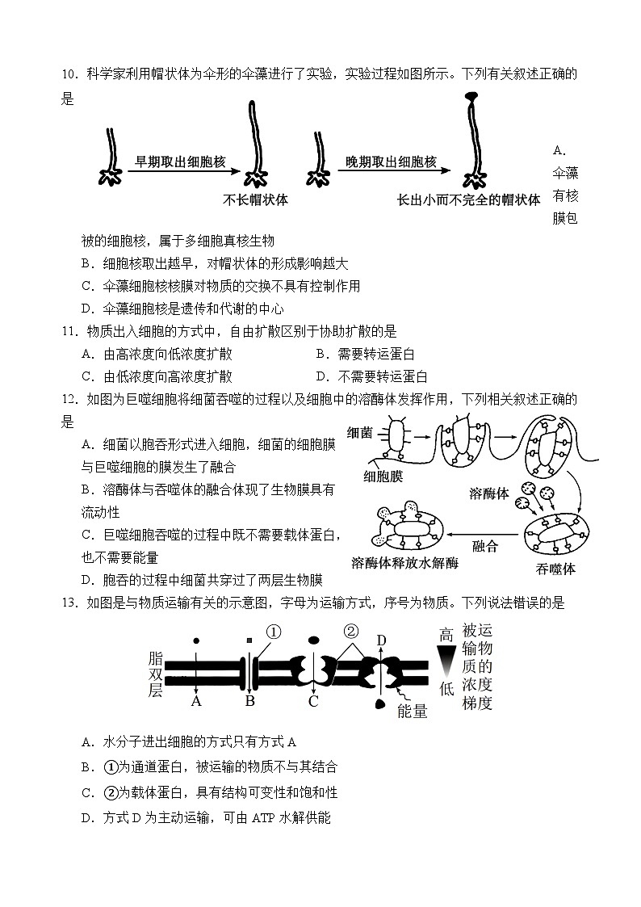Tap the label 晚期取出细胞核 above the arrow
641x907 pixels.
click(392, 162)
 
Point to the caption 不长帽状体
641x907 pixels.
click(255, 199)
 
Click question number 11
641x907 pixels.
click(69, 331)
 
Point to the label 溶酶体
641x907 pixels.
click(489, 493)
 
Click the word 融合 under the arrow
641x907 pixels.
click(484, 546)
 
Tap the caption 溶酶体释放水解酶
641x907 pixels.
click(404, 563)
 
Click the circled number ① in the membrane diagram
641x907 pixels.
click(273, 632)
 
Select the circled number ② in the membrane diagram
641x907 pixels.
click(350, 632)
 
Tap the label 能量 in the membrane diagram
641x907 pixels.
click(413, 711)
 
